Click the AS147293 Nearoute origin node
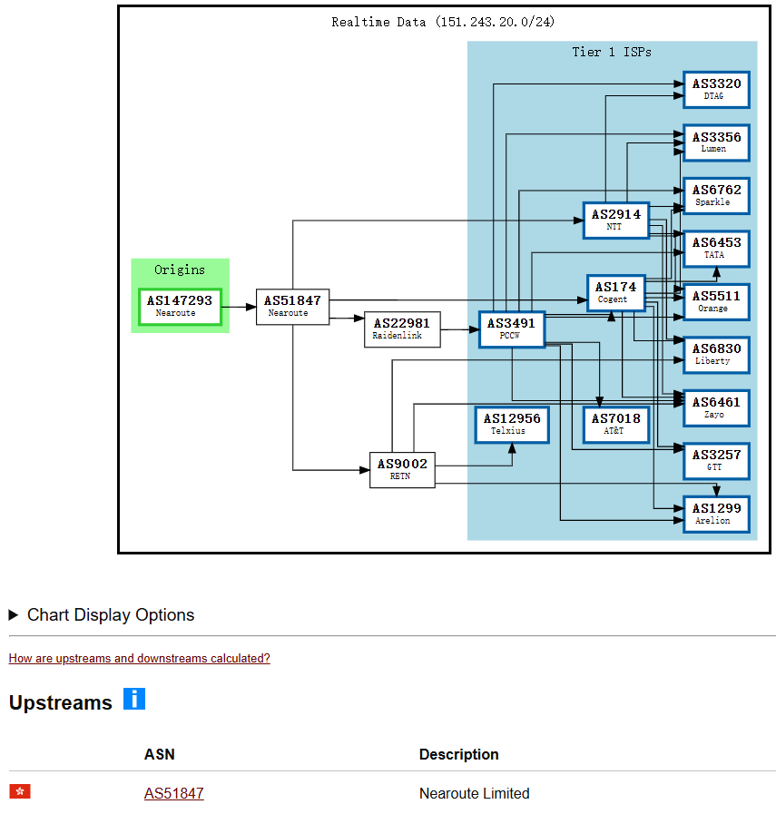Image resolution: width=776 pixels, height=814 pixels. click(180, 306)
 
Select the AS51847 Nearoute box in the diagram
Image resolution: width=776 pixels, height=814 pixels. click(292, 306)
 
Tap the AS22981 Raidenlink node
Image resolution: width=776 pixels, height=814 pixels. click(402, 329)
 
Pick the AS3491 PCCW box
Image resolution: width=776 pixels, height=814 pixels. click(512, 329)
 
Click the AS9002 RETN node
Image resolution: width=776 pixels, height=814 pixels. click(402, 469)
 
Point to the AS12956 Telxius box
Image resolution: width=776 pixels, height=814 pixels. click(512, 424)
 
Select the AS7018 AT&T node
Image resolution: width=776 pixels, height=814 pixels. click(616, 424)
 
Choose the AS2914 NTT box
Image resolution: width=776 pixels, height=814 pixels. click(616, 220)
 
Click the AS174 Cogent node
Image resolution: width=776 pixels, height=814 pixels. click(616, 292)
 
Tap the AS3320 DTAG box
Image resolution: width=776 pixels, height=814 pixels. click(716, 89)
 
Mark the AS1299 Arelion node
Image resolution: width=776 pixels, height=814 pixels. click(716, 514)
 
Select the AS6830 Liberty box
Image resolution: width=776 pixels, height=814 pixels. click(716, 354)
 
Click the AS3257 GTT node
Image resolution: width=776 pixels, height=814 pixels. click(716, 460)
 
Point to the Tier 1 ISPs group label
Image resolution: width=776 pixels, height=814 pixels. click(611, 52)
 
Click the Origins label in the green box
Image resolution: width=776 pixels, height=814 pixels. click(180, 270)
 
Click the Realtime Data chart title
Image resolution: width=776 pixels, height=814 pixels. click(443, 22)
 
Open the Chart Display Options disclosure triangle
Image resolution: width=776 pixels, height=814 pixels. click(14, 615)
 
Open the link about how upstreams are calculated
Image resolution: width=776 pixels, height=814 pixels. click(139, 658)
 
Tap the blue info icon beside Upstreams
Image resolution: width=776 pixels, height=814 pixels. click(134, 700)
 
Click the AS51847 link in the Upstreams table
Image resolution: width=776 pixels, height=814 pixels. click(173, 793)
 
